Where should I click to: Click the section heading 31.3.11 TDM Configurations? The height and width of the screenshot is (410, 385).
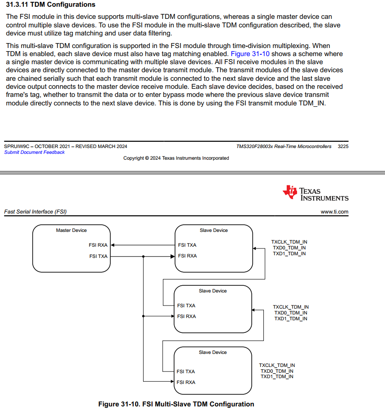coord(51,4)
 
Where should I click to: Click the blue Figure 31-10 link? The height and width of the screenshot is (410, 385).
coord(250,54)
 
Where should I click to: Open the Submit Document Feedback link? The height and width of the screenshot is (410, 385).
coord(34,153)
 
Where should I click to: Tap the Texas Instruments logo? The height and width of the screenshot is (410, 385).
coord(315,193)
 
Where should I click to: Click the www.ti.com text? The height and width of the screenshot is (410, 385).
coord(334,212)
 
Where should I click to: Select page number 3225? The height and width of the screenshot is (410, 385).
coord(343,146)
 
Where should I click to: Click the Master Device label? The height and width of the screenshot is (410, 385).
coord(71,231)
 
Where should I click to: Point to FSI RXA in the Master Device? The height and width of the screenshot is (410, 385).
coord(98,245)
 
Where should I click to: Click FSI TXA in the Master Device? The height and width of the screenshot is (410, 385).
coord(98,256)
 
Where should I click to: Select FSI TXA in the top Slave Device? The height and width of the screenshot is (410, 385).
coord(187,245)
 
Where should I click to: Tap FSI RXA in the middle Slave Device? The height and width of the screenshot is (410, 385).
coord(186,317)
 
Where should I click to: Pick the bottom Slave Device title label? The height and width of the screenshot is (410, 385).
coord(213,353)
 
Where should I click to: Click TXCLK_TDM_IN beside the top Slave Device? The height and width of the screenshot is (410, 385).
coord(289,242)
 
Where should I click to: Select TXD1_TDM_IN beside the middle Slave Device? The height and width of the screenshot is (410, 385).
coord(291,319)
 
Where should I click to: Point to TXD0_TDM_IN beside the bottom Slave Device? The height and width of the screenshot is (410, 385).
coord(277,371)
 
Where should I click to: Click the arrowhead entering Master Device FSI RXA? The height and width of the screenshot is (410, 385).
coord(113,245)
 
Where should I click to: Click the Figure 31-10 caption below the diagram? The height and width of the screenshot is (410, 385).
coord(176,404)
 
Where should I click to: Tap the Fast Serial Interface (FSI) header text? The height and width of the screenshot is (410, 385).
coord(35,212)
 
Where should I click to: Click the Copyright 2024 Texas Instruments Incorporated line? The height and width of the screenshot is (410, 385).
coord(176,158)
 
